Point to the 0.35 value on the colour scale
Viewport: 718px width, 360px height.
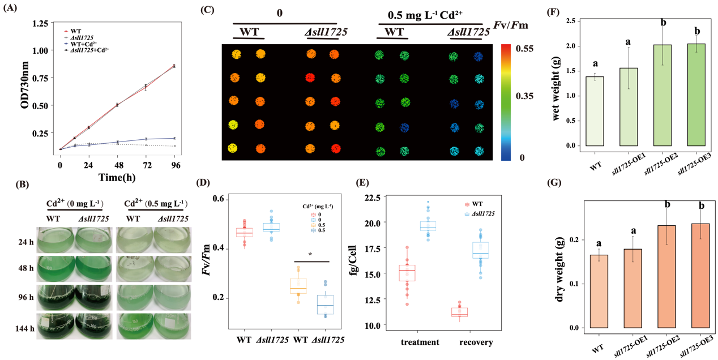(x=525, y=97)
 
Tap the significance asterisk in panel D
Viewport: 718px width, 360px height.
(x=310, y=255)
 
